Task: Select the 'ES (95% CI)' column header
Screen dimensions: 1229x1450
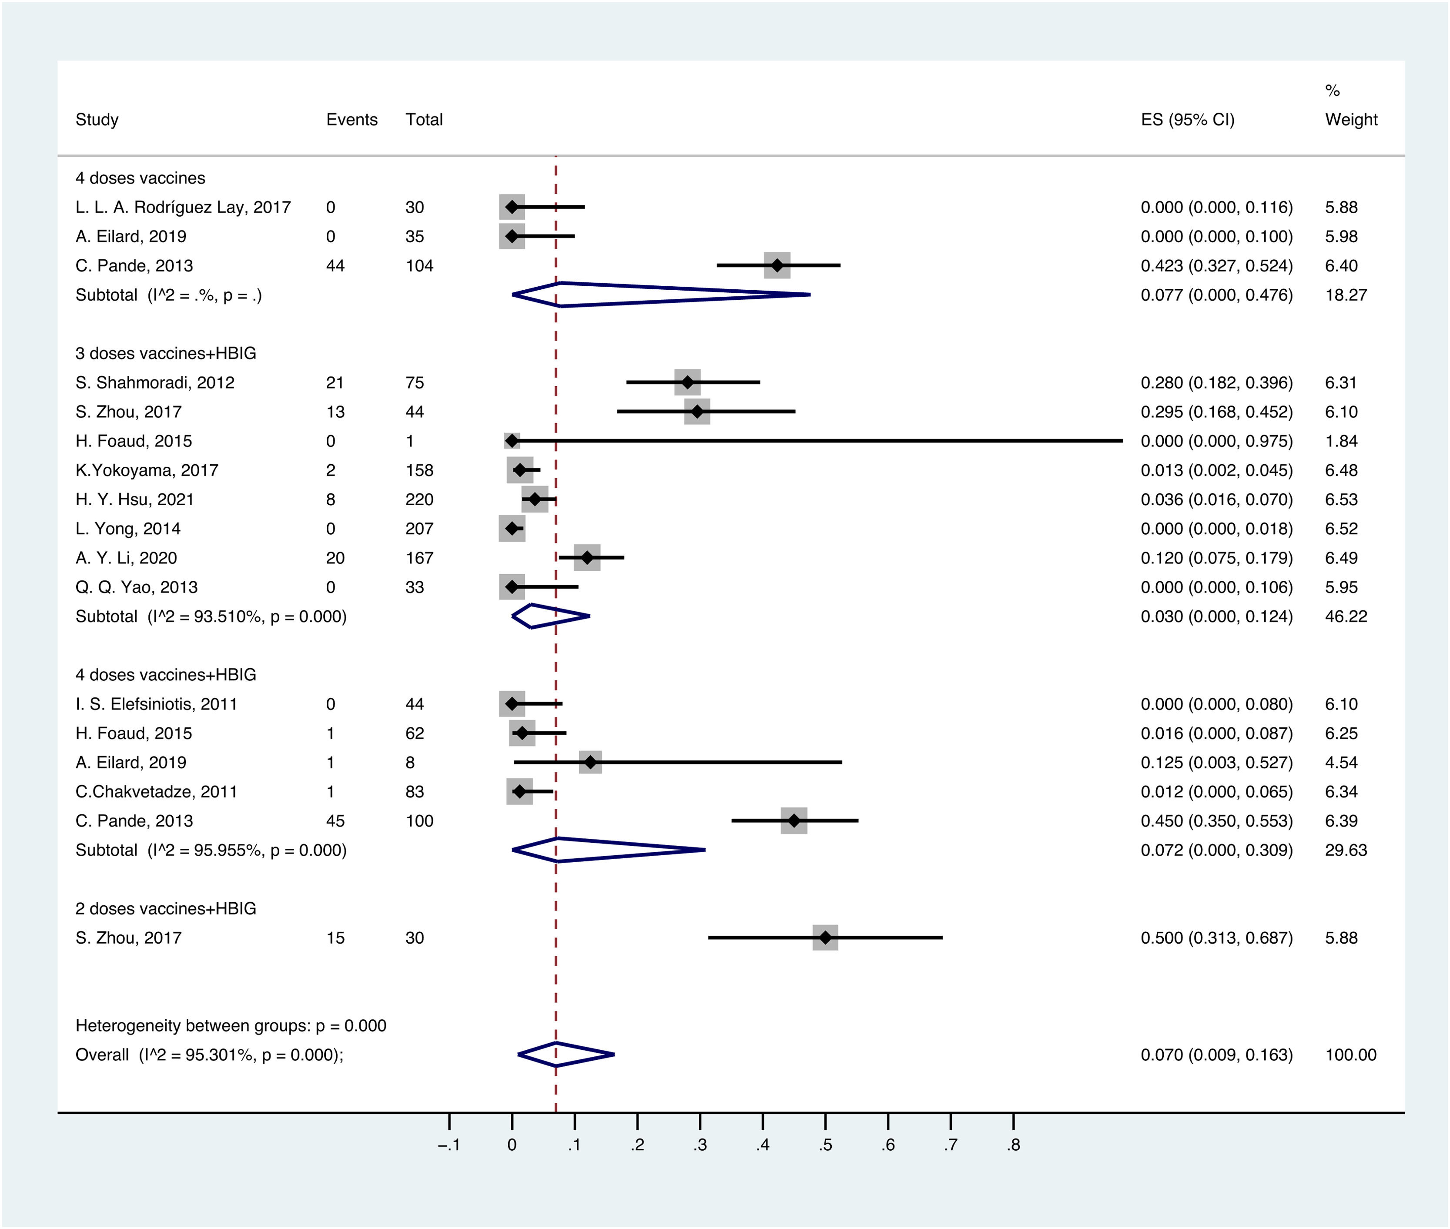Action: click(1187, 120)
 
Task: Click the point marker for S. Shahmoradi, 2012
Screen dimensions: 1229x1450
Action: click(687, 382)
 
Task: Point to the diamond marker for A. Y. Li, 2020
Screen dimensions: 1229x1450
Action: click(587, 558)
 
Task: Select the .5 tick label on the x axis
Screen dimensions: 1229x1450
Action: click(825, 1145)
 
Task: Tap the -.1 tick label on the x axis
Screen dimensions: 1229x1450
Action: click(449, 1145)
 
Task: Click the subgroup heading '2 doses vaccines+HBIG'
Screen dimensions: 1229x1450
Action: click(165, 908)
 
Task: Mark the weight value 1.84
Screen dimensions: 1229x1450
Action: click(1341, 441)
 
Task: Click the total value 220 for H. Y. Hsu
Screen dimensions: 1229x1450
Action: click(419, 499)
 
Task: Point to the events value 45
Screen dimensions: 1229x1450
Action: click(335, 821)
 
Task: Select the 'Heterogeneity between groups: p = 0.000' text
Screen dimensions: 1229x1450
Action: click(230, 1025)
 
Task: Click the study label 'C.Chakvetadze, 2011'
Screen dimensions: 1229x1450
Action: click(156, 791)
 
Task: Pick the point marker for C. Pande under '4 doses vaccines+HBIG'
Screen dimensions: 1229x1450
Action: click(794, 821)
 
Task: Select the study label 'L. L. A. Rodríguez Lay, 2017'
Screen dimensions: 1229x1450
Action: click(183, 207)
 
